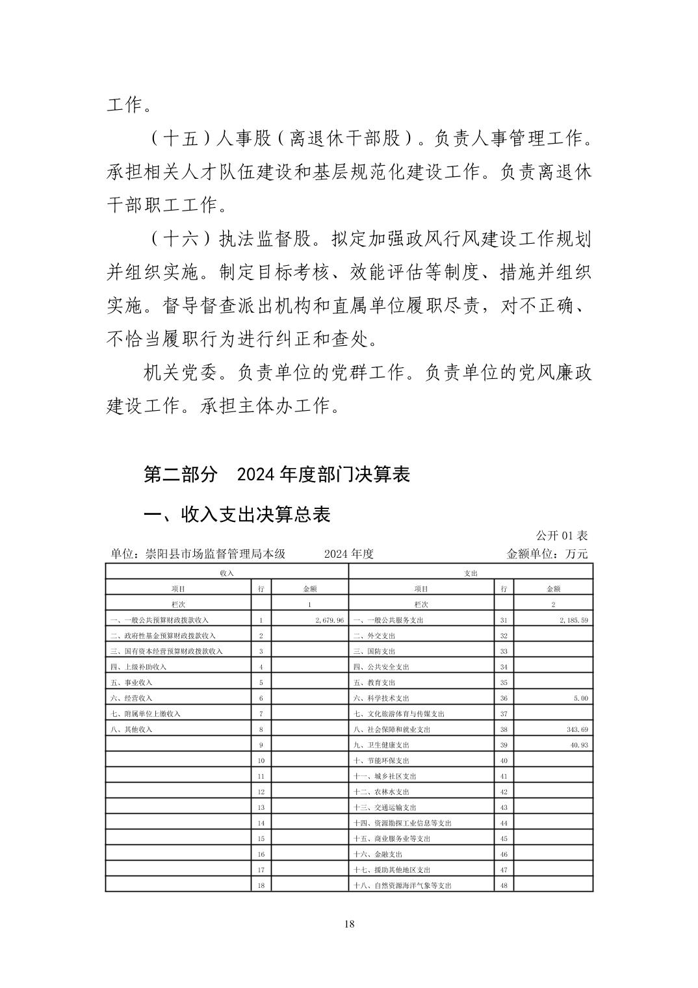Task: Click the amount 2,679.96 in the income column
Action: (329, 620)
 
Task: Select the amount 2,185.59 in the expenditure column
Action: (573, 620)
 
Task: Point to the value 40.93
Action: (579, 745)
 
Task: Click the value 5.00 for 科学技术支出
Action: (581, 698)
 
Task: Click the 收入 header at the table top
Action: (227, 573)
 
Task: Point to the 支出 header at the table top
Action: (471, 573)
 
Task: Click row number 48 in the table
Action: (504, 885)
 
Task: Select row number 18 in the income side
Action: (261, 885)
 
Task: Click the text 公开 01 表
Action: (562, 536)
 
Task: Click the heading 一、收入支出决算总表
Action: (237, 515)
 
